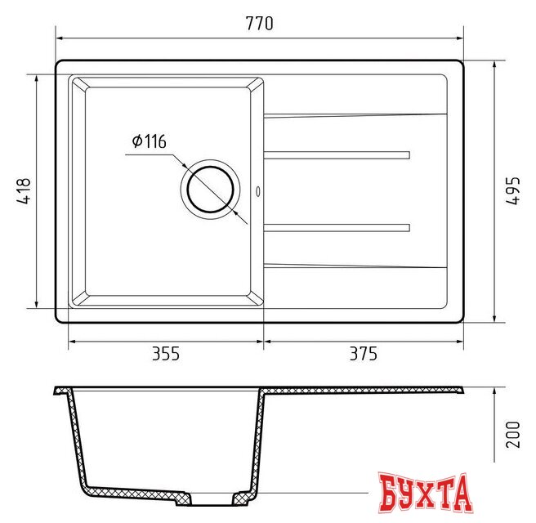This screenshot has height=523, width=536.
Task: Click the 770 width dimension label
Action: (x=259, y=23)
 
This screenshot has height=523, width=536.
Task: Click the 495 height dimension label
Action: (x=513, y=190)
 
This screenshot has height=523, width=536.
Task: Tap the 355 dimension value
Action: (x=165, y=354)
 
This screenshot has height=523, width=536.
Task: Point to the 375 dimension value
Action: (x=363, y=354)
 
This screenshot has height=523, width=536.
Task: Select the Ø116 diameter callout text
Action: (x=148, y=142)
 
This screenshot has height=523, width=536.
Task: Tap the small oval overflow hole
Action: (x=259, y=192)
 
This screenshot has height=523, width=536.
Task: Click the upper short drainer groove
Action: (x=337, y=154)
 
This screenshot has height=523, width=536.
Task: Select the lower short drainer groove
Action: (x=337, y=226)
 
